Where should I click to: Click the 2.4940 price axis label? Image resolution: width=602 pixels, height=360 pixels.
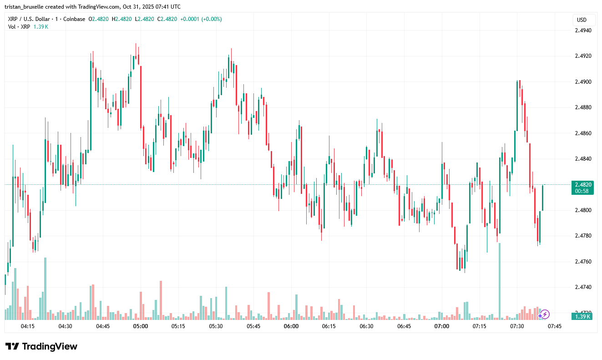pyautogui.click(x=583, y=30)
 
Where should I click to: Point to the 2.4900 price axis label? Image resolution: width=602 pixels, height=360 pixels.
pyautogui.click(x=583, y=82)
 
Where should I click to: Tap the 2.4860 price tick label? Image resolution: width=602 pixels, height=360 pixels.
pyautogui.click(x=583, y=133)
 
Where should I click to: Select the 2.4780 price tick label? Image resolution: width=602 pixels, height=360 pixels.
pyautogui.click(x=583, y=236)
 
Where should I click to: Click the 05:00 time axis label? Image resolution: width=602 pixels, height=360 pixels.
pyautogui.click(x=140, y=326)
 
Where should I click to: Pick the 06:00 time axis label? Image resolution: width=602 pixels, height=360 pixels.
pyautogui.click(x=291, y=326)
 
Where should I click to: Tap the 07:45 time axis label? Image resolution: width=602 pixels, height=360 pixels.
pyautogui.click(x=555, y=326)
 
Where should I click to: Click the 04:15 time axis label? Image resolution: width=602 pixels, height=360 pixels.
pyautogui.click(x=27, y=326)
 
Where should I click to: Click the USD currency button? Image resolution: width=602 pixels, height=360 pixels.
pyautogui.click(x=582, y=20)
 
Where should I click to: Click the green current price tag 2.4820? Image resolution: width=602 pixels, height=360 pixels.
pyautogui.click(x=583, y=185)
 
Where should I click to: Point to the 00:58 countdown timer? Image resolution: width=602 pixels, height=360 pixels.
pyautogui.click(x=582, y=191)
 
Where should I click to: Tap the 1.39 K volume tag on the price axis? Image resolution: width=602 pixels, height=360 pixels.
pyautogui.click(x=582, y=317)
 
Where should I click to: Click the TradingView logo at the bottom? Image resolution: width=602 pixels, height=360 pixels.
pyautogui.click(x=41, y=346)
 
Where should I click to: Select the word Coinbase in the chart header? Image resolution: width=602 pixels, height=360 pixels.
pyautogui.click(x=73, y=19)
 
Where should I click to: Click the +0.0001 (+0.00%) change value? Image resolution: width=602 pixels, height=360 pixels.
pyautogui.click(x=201, y=19)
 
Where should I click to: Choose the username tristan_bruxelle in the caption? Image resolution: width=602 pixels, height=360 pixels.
pyautogui.click(x=27, y=7)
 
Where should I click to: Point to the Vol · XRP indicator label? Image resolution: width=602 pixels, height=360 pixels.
pyautogui.click(x=19, y=27)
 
